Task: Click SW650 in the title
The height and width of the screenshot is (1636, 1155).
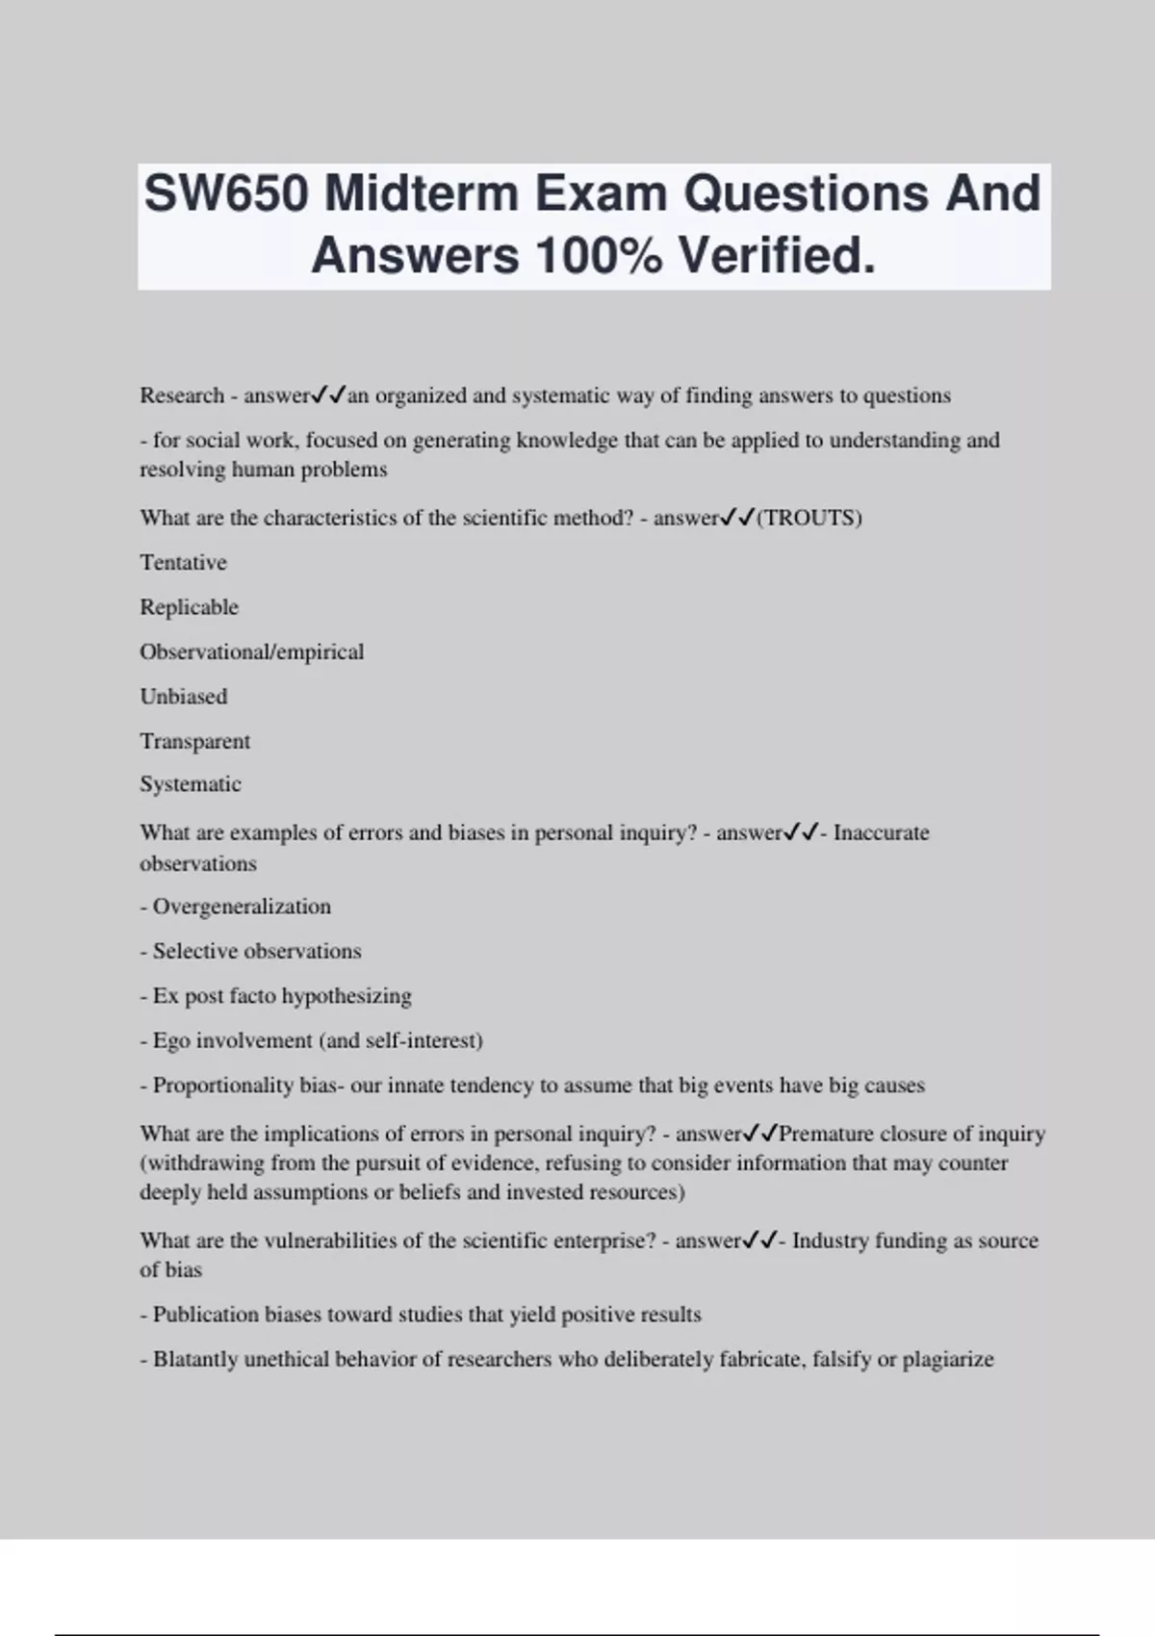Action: point(226,193)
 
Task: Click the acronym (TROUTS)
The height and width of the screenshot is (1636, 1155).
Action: point(809,518)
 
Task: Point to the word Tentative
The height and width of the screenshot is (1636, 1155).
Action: point(183,562)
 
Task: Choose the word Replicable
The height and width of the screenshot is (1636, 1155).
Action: point(189,607)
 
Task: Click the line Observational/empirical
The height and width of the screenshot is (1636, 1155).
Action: point(251,652)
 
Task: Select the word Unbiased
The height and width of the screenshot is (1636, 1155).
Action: point(183,697)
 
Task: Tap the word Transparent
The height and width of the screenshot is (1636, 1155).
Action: point(194,741)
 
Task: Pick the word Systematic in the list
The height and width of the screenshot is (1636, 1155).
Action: point(190,784)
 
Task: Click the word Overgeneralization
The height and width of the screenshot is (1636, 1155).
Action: point(242,907)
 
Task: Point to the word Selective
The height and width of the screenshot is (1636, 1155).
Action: point(193,951)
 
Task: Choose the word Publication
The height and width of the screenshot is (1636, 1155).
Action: point(205,1315)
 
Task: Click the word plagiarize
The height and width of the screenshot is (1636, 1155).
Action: point(947,1360)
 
